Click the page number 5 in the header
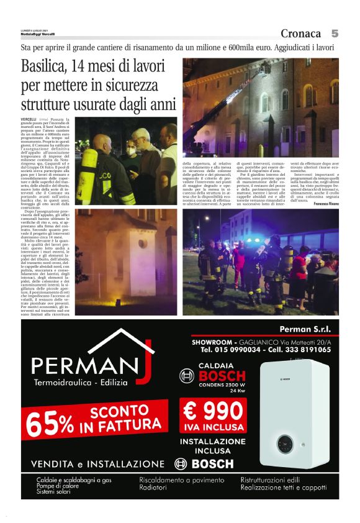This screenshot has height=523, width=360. pyautogui.click(x=335, y=34)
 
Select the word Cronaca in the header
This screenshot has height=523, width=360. pyautogui.click(x=301, y=34)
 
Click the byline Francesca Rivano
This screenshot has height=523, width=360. pyautogui.click(x=323, y=203)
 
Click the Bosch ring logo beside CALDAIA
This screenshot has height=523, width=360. pyautogui.click(x=187, y=375)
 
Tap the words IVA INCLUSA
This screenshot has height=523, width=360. pyautogui.click(x=213, y=428)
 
